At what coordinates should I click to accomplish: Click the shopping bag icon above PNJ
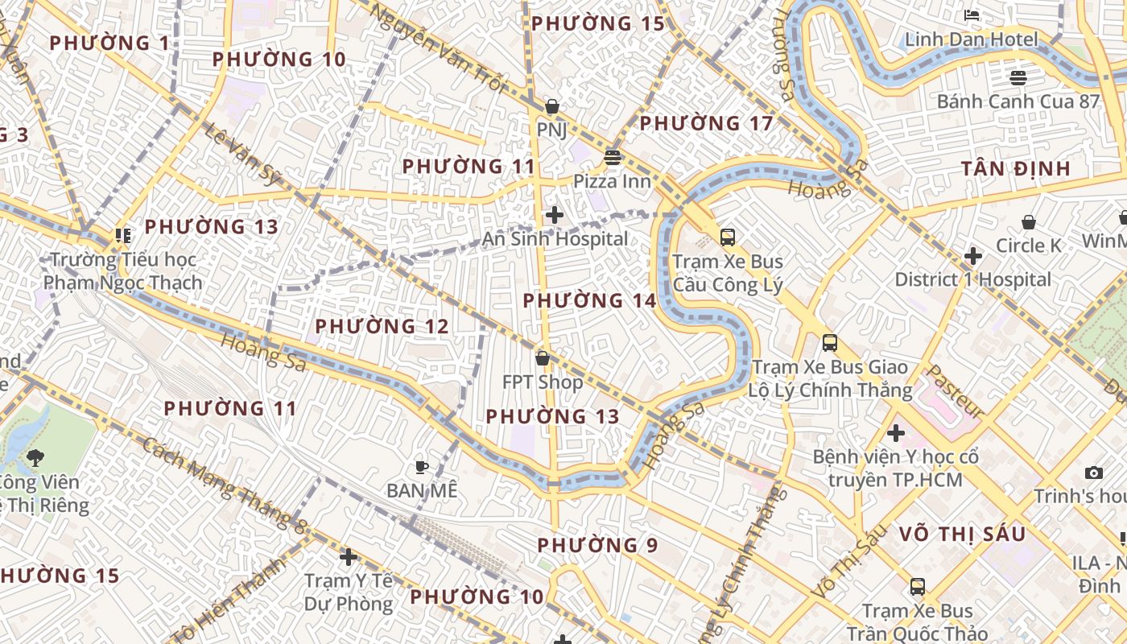click(552, 106)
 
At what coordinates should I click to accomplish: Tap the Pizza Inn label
click(612, 181)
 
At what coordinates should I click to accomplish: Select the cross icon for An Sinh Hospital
click(554, 215)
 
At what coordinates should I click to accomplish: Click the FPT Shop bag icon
click(543, 358)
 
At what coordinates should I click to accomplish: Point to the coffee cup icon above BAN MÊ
click(421, 467)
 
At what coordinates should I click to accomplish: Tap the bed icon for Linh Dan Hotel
click(972, 15)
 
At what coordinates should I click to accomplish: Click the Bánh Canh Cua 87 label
click(1018, 101)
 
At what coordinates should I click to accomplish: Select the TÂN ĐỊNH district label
click(1016, 168)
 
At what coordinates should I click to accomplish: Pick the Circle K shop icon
click(1028, 222)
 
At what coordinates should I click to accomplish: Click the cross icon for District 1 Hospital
click(972, 257)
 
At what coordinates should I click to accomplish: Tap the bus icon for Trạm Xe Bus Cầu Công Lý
click(727, 237)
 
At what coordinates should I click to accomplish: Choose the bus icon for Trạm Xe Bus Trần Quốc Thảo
click(917, 587)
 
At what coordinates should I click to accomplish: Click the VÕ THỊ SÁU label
click(962, 534)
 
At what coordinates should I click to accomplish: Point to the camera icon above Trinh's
click(1093, 473)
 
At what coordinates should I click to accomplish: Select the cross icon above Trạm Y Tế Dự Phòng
click(348, 557)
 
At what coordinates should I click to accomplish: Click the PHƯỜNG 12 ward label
click(382, 326)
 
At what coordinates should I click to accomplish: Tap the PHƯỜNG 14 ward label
click(589, 300)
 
